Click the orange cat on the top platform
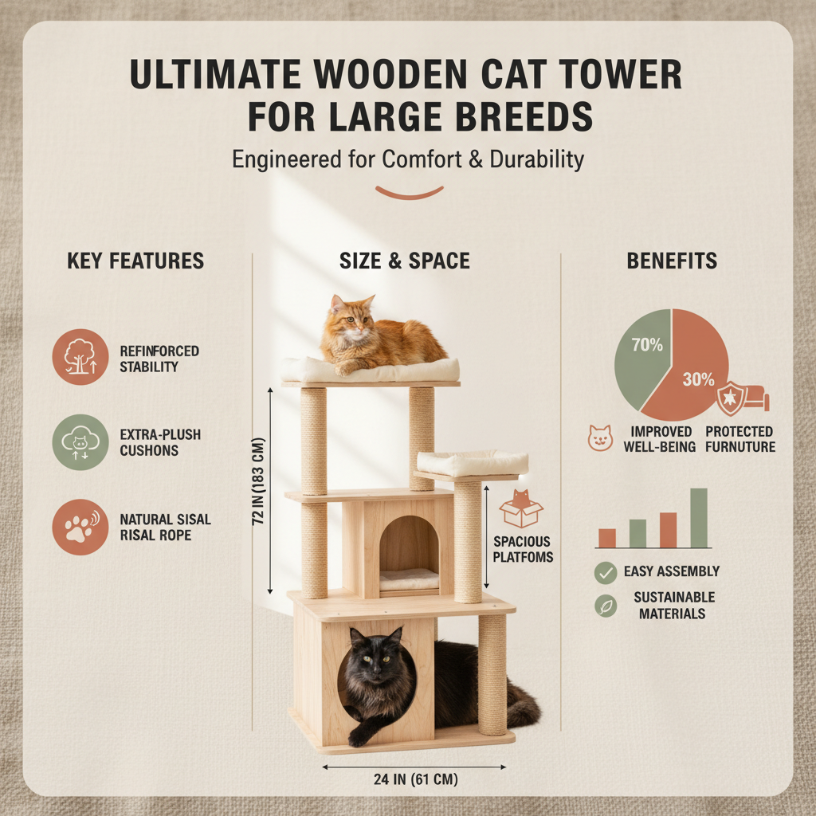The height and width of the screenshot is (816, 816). pyautogui.click(x=379, y=335)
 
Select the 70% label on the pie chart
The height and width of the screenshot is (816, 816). pyautogui.click(x=647, y=346)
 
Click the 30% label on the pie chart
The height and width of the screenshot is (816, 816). pyautogui.click(x=698, y=379)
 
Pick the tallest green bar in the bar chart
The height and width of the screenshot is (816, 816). pyautogui.click(x=698, y=518)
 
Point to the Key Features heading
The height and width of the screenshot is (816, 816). pyautogui.click(x=135, y=261)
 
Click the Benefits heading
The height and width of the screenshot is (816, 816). pyautogui.click(x=671, y=261)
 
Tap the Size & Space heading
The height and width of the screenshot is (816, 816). pyautogui.click(x=404, y=261)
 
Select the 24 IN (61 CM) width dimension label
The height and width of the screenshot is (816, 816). pyautogui.click(x=414, y=779)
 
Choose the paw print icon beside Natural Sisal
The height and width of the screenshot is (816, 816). pyautogui.click(x=80, y=527)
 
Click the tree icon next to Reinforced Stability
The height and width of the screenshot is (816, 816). pyautogui.click(x=80, y=357)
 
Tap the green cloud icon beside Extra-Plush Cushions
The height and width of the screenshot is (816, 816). pyautogui.click(x=80, y=442)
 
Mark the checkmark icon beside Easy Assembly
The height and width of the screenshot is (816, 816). pyautogui.click(x=606, y=571)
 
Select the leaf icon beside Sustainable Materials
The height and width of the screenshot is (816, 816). pyautogui.click(x=606, y=606)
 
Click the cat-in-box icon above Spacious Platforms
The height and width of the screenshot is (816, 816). pyautogui.click(x=521, y=509)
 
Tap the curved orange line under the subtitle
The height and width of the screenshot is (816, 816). pyautogui.click(x=409, y=193)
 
